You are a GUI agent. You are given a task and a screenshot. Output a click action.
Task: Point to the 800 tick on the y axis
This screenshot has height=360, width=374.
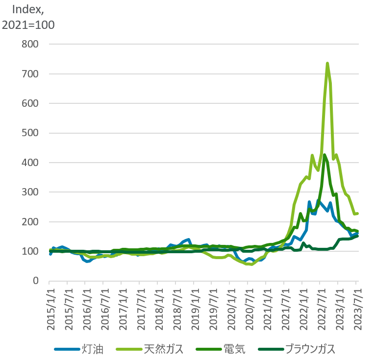click(30, 44)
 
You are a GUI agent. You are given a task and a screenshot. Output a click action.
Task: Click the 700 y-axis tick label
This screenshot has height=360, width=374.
click(30, 74)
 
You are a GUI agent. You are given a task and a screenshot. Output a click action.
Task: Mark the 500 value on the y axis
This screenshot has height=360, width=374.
click(30, 133)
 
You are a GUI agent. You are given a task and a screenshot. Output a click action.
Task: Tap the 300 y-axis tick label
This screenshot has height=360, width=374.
click(30, 192)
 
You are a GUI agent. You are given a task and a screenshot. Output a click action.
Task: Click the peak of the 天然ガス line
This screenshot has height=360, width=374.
click(327, 63)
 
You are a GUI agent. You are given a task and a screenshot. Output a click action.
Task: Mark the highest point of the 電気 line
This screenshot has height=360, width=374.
click(324, 155)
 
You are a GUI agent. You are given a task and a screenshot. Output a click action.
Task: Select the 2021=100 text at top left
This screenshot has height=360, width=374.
click(28, 24)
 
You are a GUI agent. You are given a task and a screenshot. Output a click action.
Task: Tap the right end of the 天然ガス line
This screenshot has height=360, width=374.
click(357, 214)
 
